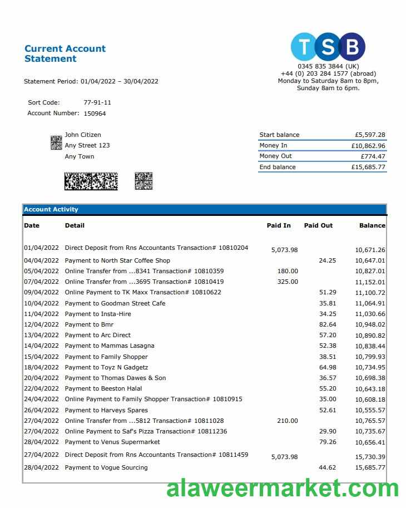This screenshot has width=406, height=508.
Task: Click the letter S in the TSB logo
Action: coord(328,47)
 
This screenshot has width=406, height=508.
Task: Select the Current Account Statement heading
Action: coord(65,53)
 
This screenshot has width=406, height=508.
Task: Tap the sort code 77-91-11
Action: coord(97,102)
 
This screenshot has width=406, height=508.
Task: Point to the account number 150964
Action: coord(95,114)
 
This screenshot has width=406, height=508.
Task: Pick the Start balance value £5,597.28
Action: coord(370,135)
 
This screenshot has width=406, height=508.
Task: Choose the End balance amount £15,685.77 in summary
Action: coord(368,167)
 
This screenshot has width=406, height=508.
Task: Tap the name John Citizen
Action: coord(83,135)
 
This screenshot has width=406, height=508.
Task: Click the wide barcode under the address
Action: coord(91,181)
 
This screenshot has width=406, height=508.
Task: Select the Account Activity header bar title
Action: coord(51,210)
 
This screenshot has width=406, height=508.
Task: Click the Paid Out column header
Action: coord(318,225)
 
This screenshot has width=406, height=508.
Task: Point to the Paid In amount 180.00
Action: coord(288,271)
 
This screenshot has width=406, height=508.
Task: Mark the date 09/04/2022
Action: coord(41,292)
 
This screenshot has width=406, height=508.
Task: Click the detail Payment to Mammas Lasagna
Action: coord(110,346)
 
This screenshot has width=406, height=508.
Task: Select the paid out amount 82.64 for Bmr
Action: coord(328,324)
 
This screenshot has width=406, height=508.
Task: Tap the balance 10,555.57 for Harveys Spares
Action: coord(370,411)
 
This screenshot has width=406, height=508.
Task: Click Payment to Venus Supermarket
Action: coord(112,442)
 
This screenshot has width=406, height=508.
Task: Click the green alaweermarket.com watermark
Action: coord(283,488)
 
